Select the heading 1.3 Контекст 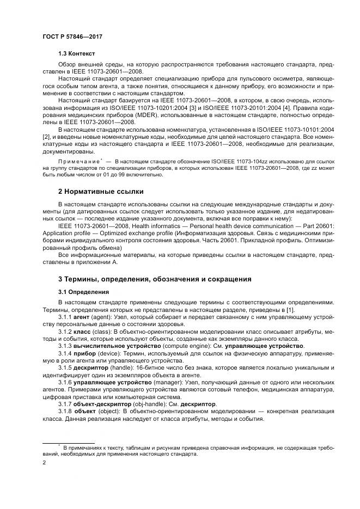point(76,54)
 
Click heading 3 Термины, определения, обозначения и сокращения point(155,279)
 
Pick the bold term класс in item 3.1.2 point(83,331)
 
